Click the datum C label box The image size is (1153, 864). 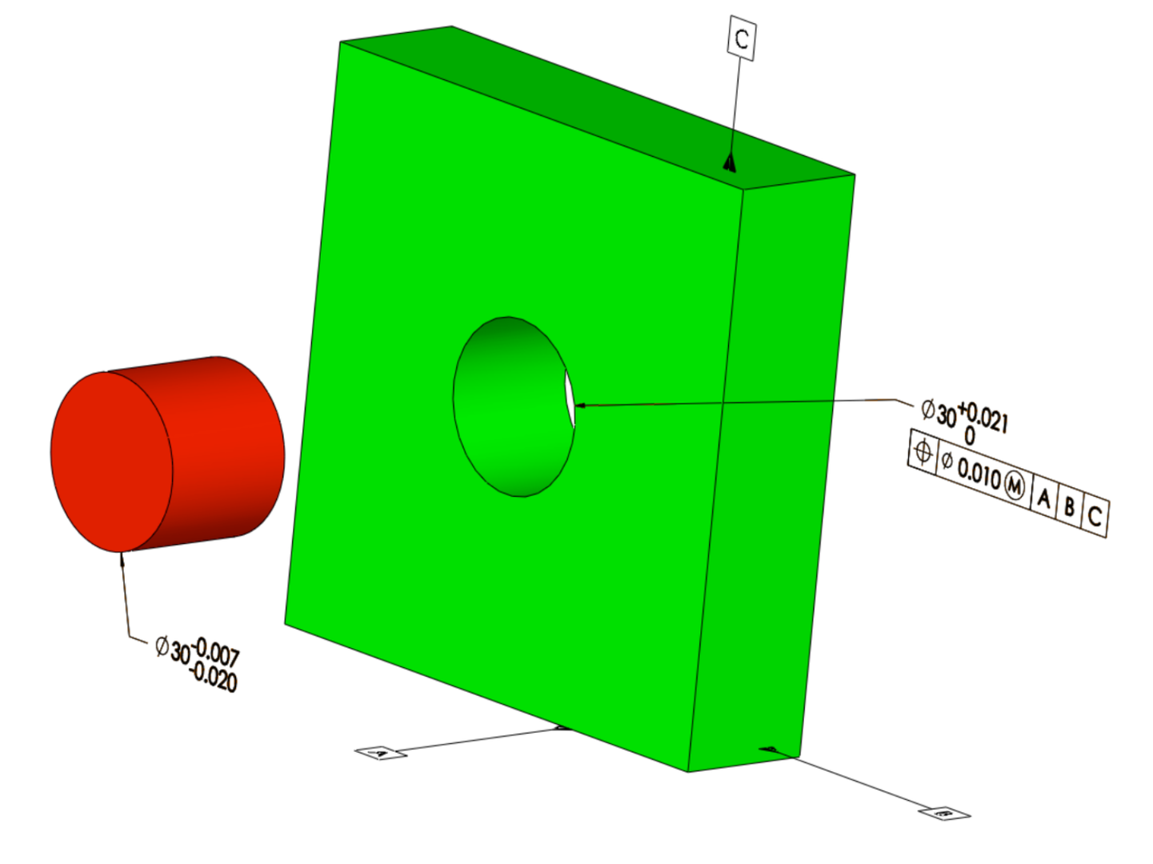pos(742,38)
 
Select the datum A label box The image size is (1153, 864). pos(381,753)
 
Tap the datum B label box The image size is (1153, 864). pos(945,814)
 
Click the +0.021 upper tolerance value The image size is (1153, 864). pos(983,418)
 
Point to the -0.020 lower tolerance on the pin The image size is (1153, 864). pos(213,678)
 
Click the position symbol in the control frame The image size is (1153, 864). pos(923,452)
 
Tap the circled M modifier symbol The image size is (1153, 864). pos(1014,486)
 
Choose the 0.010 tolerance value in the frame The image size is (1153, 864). pos(979,474)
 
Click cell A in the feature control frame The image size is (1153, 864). pos(1043,498)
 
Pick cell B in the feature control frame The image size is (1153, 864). pos(1069,506)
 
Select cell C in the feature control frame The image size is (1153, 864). pos(1095,516)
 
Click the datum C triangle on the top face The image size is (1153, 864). pos(729,163)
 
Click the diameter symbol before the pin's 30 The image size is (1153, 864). pos(162,646)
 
